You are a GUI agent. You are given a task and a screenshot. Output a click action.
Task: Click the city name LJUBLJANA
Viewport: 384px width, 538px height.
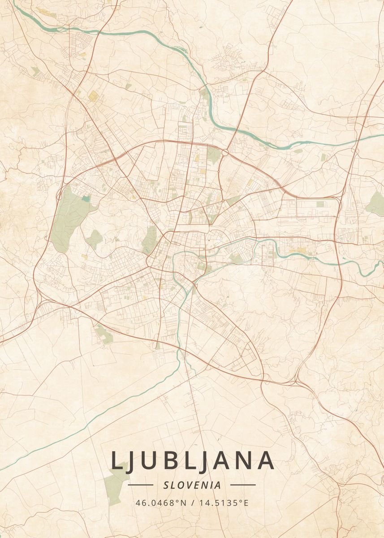click(x=192, y=460)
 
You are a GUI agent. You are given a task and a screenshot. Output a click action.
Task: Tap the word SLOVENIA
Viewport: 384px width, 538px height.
click(x=192, y=485)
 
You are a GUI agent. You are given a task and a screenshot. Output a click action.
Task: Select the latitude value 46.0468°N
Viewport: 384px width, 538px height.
click(x=161, y=503)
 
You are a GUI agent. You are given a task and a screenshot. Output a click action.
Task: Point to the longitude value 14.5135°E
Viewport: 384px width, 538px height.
click(x=222, y=503)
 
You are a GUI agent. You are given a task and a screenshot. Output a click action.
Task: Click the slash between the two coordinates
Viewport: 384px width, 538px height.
click(x=192, y=503)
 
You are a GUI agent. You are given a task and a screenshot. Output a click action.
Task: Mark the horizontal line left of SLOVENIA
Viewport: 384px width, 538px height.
click(x=141, y=485)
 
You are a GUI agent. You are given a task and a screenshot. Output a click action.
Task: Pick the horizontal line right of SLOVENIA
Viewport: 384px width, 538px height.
click(x=243, y=485)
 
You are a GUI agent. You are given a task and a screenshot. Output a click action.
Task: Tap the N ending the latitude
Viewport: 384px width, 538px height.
click(x=183, y=503)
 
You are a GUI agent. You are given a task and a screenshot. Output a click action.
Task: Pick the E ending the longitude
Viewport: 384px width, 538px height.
click(x=246, y=503)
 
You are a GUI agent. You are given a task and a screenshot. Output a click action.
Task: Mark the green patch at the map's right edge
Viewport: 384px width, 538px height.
click(x=375, y=204)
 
